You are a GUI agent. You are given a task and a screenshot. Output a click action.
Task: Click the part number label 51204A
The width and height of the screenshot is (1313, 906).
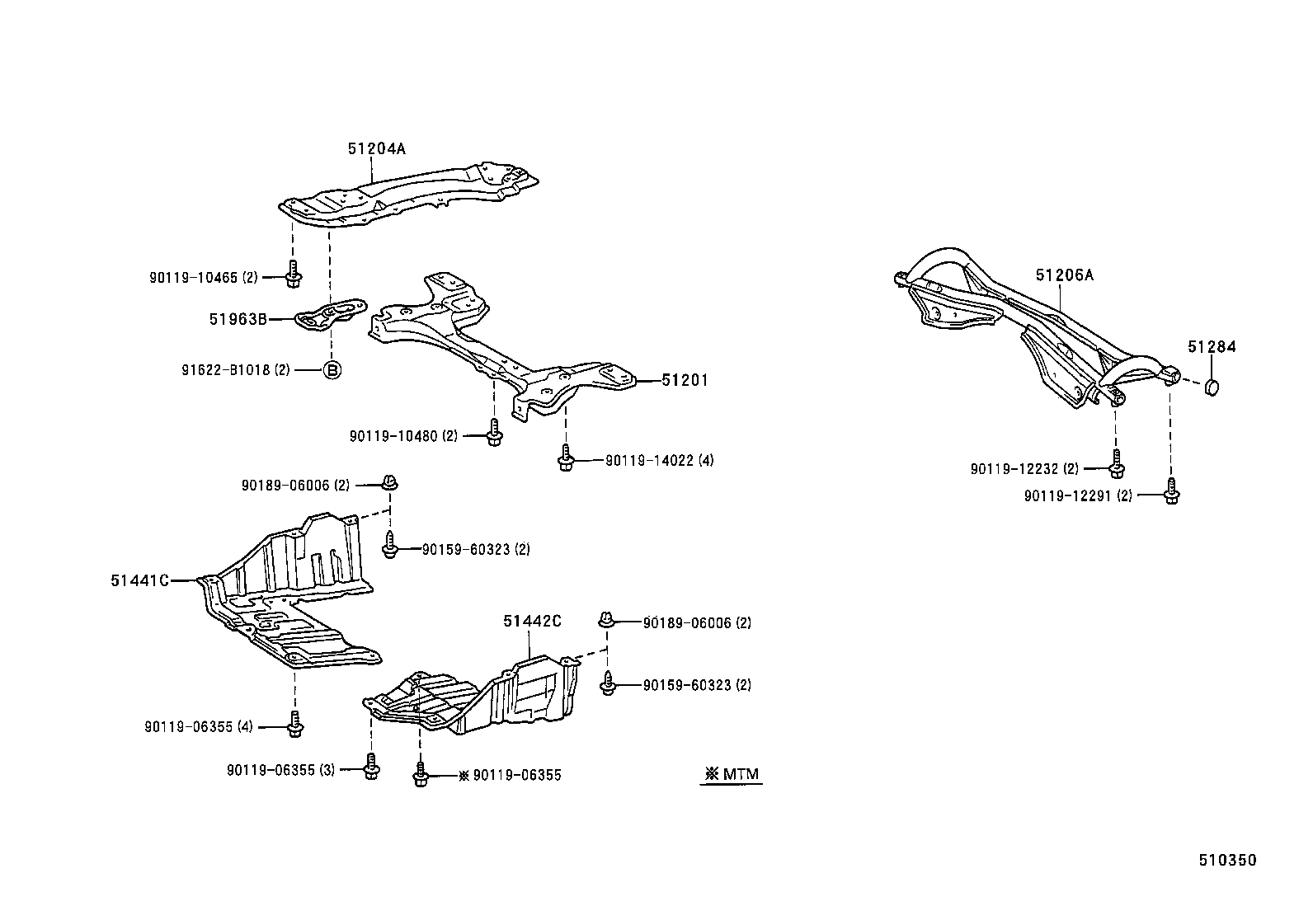376,148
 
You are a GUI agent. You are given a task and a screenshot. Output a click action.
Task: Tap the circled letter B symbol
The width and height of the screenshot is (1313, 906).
331,370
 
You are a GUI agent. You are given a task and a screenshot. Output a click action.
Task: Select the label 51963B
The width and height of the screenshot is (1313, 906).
238,319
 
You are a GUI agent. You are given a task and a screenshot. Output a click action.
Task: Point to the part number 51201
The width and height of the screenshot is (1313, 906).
684,381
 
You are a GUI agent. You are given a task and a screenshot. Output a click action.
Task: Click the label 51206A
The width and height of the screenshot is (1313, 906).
1065,275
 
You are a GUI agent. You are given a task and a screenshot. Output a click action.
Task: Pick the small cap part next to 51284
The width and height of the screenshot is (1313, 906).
1212,387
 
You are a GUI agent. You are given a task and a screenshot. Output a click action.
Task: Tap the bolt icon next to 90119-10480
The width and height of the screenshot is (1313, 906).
493,433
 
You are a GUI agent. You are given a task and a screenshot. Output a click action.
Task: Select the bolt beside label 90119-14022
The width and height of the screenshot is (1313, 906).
565,458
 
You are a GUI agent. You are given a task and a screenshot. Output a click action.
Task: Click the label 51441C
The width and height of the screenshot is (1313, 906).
139,580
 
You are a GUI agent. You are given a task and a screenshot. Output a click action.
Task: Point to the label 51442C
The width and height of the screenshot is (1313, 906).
532,621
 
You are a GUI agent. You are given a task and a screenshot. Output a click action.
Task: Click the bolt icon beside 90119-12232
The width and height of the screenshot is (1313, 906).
1116,465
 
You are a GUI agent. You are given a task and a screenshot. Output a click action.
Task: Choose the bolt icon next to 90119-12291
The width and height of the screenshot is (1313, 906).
1171,491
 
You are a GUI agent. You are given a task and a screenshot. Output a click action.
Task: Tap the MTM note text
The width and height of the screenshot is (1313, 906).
732,774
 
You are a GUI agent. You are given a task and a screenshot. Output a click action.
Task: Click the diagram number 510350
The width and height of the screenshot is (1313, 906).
1227,861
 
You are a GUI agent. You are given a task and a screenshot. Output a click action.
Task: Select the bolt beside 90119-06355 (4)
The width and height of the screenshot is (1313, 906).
294,724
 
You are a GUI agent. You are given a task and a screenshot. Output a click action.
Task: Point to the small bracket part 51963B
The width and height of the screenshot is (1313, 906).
330,314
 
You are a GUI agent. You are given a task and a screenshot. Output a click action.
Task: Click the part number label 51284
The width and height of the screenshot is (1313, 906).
1212,347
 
